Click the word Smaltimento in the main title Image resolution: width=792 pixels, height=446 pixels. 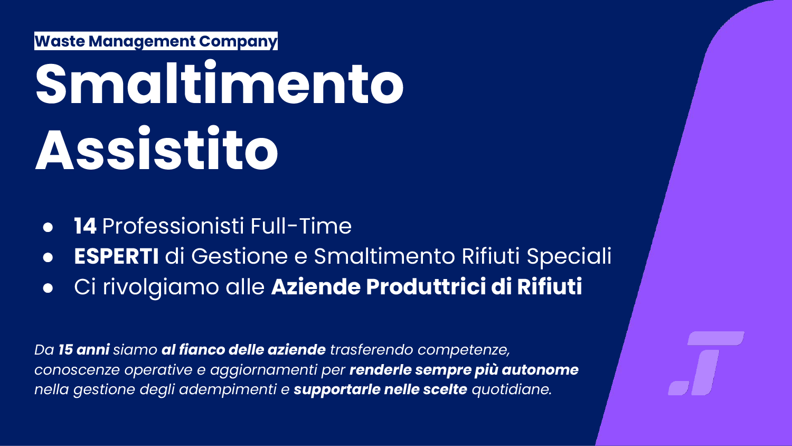pos(219,83)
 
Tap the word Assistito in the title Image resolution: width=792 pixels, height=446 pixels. pos(157,148)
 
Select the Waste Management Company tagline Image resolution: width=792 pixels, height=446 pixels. pos(156,41)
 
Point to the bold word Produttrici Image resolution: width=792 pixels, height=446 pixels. pos(426,286)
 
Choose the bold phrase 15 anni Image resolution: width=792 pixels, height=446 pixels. pos(84,350)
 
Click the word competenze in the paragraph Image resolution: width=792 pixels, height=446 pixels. pos(464,350)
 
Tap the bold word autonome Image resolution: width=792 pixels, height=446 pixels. pos(540,370)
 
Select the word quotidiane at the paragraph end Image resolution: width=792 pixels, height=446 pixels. pos(512,389)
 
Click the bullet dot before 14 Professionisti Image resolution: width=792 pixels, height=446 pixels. pos(48,227)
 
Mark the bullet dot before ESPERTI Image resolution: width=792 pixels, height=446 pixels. pos(48,257)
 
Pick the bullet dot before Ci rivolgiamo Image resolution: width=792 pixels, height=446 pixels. pos(48,288)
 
